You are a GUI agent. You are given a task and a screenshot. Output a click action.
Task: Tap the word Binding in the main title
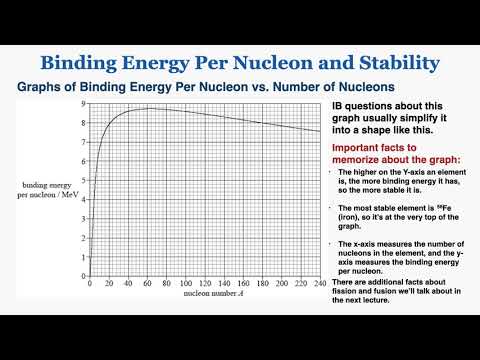pos(87,62)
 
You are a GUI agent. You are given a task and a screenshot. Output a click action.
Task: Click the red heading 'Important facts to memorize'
pos(391,153)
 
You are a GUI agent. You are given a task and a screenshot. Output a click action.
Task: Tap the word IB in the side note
pos(335,107)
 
